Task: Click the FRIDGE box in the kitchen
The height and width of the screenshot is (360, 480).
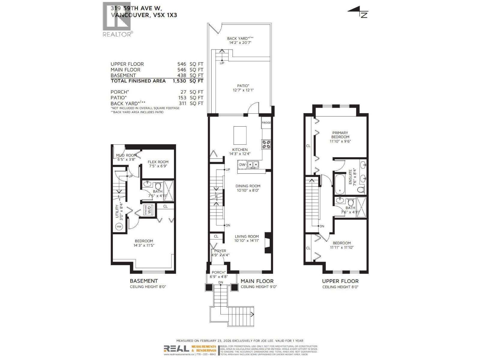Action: point(266,123)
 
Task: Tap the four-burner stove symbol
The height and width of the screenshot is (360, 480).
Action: point(266,145)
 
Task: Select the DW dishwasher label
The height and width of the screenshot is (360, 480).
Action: point(242,164)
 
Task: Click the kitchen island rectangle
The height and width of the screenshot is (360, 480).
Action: point(240,135)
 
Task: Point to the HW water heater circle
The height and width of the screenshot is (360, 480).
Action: point(119,226)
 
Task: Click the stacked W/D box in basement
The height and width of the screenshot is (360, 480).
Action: point(148,210)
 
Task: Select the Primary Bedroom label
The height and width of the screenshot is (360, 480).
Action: point(340,135)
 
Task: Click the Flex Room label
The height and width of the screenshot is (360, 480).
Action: point(158,162)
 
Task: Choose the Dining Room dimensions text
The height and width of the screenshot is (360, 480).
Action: point(248,190)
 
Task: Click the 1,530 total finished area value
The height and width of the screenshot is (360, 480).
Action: point(179,81)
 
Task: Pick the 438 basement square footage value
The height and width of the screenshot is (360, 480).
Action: point(181,75)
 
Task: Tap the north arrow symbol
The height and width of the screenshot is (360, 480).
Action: point(358,12)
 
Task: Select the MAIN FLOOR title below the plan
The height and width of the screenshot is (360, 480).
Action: point(257,281)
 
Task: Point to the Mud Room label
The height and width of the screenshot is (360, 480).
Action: point(126,155)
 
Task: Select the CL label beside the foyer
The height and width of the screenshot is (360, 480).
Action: point(216,236)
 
